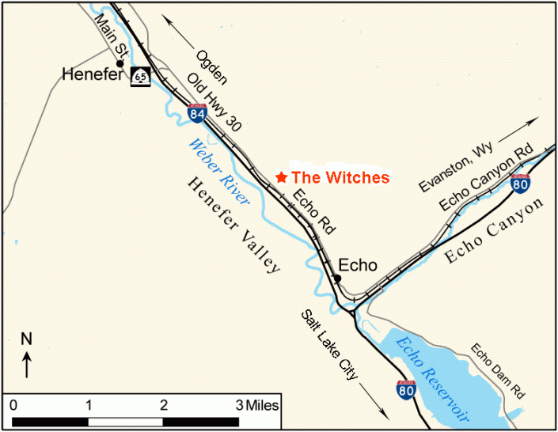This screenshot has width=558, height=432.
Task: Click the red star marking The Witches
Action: click(x=280, y=177)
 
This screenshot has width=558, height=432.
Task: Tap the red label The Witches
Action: click(x=340, y=177)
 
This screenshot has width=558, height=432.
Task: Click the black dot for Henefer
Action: click(x=120, y=63)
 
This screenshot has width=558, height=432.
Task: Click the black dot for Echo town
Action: click(x=337, y=278)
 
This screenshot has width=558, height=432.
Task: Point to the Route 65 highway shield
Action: click(x=140, y=77)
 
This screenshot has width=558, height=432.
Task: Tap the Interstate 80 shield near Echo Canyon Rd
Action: click(x=520, y=184)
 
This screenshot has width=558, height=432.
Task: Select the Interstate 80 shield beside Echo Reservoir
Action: click(x=405, y=388)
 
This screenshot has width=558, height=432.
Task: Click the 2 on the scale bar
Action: click(x=164, y=404)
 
